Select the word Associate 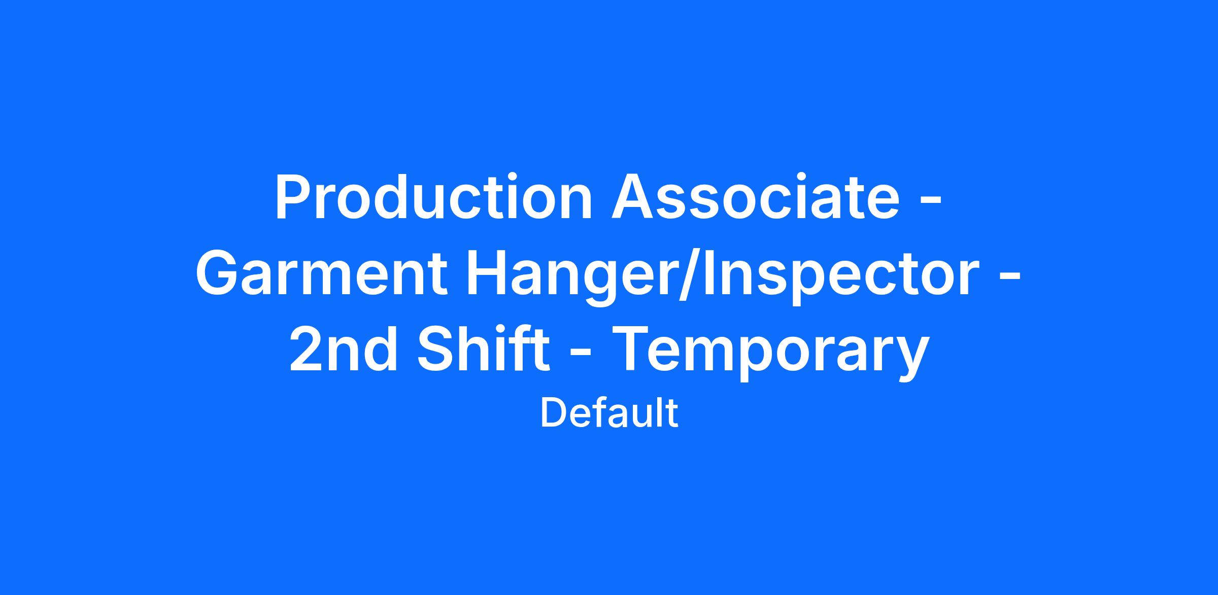coord(756,197)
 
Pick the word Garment coord(322,274)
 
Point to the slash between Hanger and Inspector coord(689,277)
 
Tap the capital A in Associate coord(632,197)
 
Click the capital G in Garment coord(217,274)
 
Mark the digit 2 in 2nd coord(306,350)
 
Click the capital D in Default coord(553,413)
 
